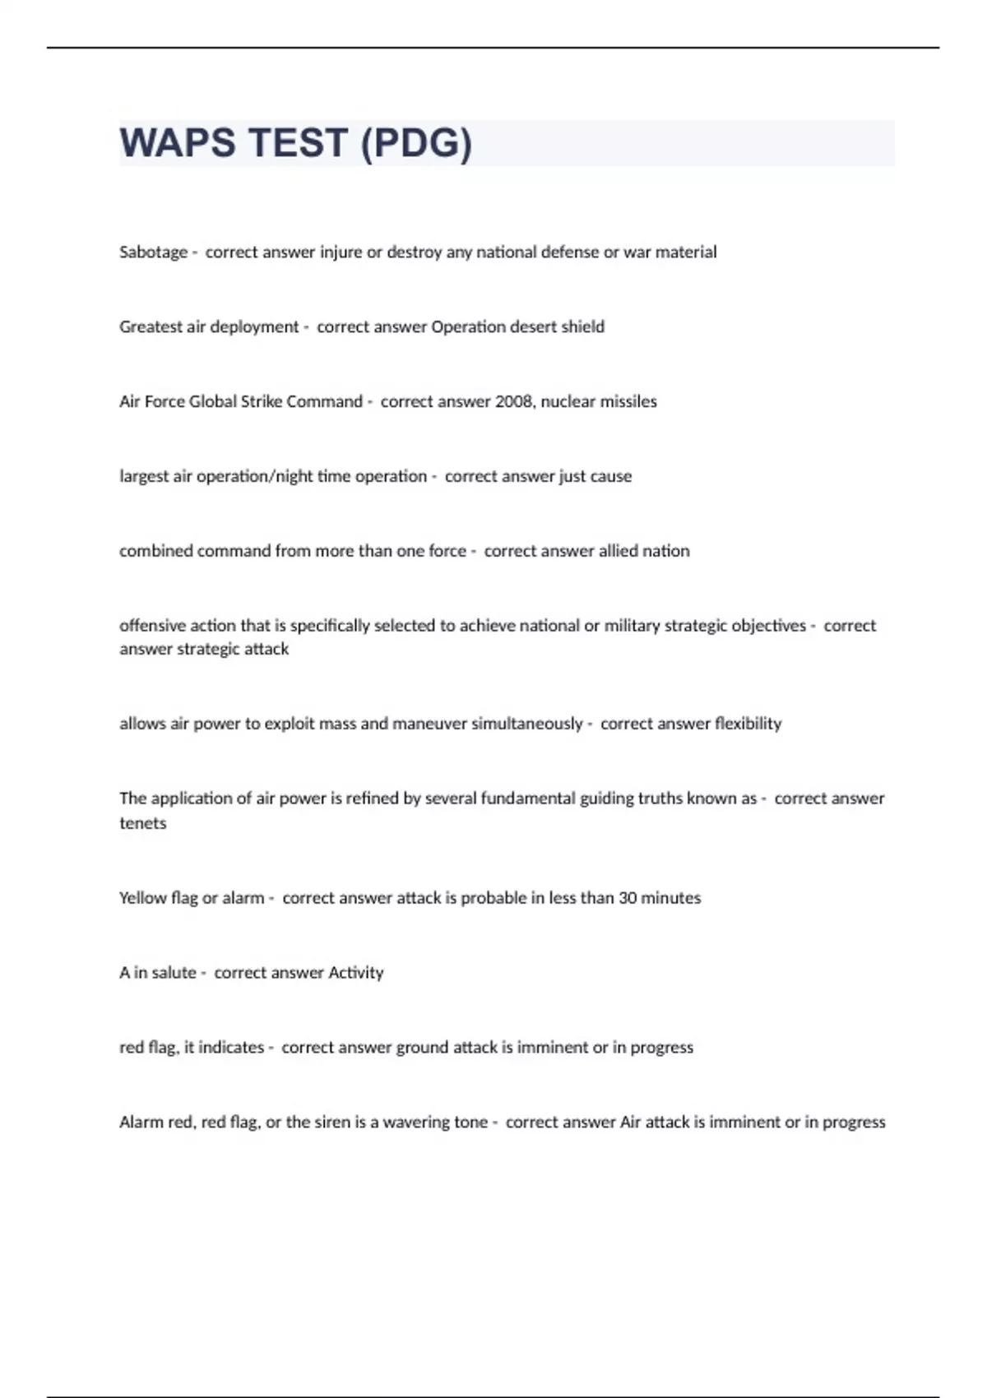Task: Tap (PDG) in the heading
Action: pos(416,143)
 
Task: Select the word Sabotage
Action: pos(154,252)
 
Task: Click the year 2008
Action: pos(513,401)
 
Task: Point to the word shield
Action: pos(582,326)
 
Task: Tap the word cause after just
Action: pos(610,476)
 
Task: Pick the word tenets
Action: pos(143,823)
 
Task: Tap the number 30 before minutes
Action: pos(628,898)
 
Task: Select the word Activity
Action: pos(356,973)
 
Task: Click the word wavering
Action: pos(418,1123)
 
